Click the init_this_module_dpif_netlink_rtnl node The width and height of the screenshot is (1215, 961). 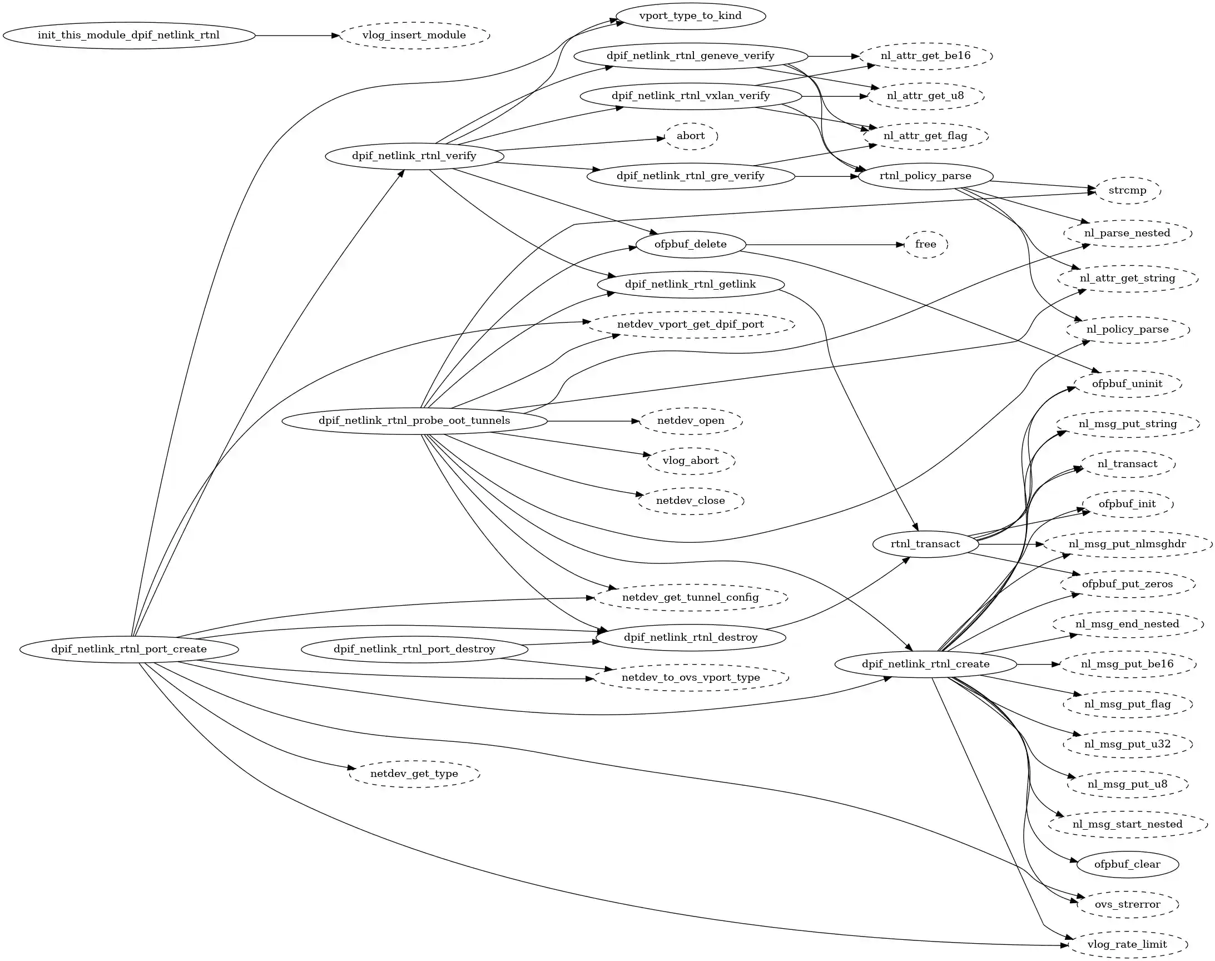click(x=129, y=36)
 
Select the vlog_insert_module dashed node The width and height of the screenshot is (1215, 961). click(x=415, y=36)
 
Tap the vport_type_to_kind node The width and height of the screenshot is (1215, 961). click(x=690, y=16)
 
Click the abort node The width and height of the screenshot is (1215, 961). click(x=691, y=136)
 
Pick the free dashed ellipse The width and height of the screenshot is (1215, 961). click(x=925, y=244)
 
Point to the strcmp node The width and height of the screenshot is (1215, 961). click(x=1127, y=190)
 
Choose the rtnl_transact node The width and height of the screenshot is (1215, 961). click(x=925, y=544)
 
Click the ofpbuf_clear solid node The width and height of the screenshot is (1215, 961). click(x=1127, y=864)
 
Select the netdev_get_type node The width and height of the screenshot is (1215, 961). click(x=414, y=774)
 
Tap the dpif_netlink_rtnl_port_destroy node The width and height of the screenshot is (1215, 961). click(x=415, y=650)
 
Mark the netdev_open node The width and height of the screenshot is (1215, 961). click(x=691, y=421)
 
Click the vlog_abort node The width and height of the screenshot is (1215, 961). click(x=691, y=461)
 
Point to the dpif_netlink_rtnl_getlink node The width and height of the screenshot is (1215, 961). click(x=690, y=284)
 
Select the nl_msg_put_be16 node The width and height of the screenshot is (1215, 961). click(x=1127, y=664)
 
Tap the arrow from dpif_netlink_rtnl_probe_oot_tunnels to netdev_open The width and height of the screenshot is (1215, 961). click(x=593, y=421)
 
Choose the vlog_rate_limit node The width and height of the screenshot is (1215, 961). click(x=1127, y=944)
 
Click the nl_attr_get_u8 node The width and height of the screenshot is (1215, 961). click(x=925, y=96)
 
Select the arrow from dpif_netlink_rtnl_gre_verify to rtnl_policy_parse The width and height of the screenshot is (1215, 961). click(x=827, y=176)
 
